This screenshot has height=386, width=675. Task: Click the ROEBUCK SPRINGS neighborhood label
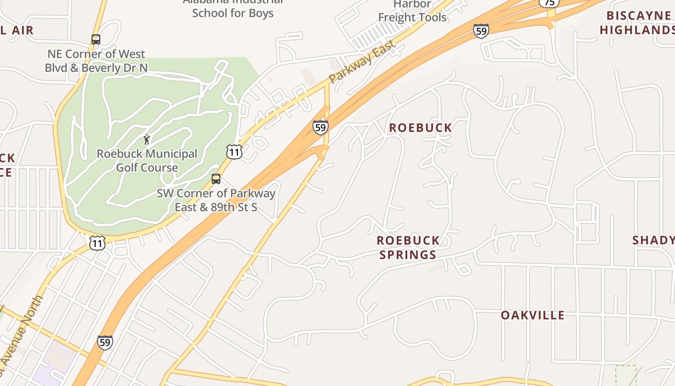408,247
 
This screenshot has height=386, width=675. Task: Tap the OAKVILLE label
532,315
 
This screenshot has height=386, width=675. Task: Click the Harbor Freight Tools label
412,11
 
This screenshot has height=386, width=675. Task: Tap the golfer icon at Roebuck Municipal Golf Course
147,140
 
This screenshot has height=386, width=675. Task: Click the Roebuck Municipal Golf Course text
147,161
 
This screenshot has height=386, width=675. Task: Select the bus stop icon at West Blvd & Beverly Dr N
96,40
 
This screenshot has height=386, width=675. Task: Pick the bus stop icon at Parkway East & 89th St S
216,179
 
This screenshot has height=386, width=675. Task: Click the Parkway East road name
363,61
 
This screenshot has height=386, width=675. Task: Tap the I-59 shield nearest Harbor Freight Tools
481,30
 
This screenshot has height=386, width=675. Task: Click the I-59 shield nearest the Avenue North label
105,342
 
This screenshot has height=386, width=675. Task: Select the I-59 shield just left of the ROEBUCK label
320,127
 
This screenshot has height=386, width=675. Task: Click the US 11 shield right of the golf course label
234,152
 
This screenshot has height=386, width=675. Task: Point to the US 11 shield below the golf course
97,243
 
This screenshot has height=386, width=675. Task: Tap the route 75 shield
549,2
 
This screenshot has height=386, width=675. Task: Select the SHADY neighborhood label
653,240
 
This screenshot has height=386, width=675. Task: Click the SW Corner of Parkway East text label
216,200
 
